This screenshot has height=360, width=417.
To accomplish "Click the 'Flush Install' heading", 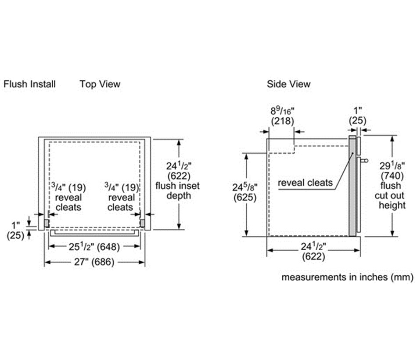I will (29, 84).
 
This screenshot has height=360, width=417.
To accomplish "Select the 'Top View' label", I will (100, 84).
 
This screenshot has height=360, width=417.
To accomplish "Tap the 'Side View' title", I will (288, 84).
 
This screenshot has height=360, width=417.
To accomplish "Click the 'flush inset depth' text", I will (178, 191).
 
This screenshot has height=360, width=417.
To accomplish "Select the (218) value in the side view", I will (282, 121).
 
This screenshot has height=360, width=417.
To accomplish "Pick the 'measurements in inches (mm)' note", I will (347, 277).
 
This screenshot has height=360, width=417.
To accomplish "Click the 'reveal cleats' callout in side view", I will (306, 182).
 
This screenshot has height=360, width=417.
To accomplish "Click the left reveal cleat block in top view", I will (46, 223).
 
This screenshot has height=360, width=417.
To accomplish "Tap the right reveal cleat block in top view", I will (142, 223).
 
